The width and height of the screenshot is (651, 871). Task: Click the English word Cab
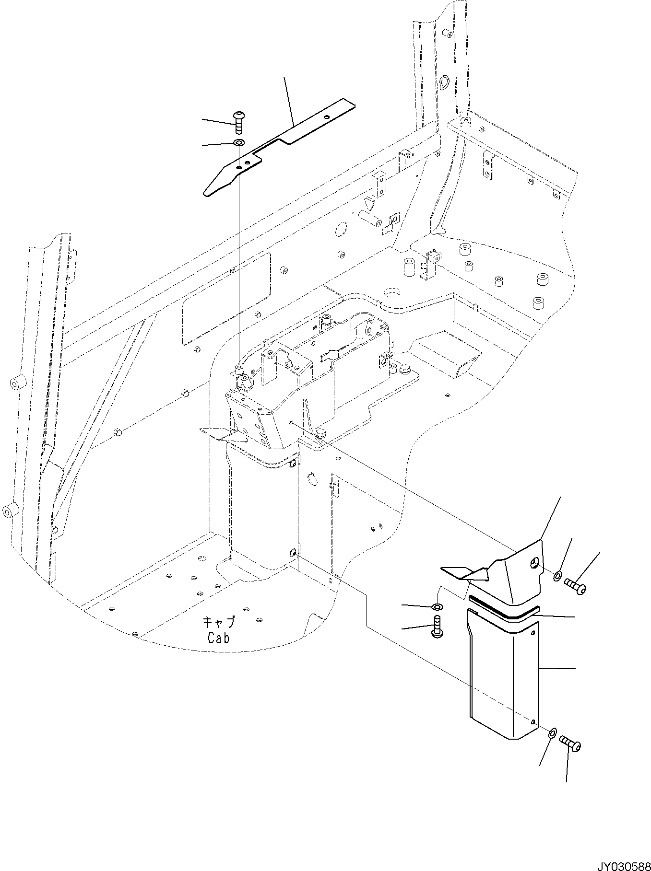[219, 638]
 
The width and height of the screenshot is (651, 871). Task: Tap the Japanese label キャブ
[219, 622]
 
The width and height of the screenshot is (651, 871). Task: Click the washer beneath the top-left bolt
[238, 143]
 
